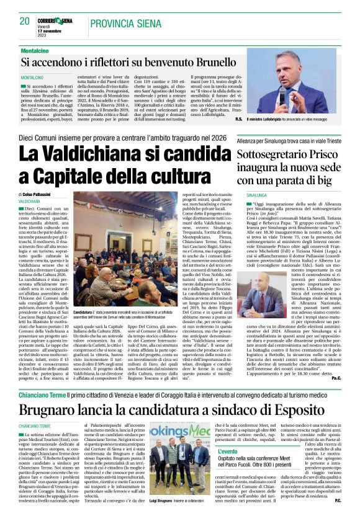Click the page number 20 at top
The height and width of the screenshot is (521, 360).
[25, 21]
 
